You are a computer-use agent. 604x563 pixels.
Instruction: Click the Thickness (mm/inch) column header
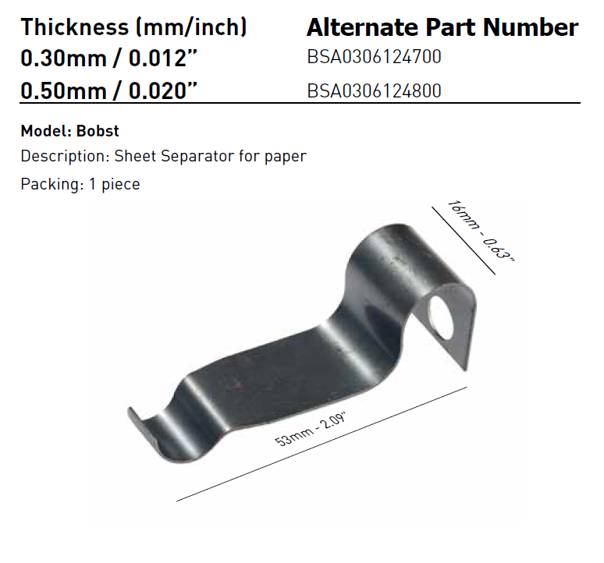(133, 28)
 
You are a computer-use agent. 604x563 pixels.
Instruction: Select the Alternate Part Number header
(442, 28)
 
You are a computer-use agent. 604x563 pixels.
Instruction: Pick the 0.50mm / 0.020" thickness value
(108, 90)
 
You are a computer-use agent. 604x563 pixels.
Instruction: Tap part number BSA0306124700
(374, 58)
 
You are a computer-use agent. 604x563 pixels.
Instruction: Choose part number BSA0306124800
(374, 90)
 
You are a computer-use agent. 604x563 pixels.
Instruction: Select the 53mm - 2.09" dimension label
(311, 428)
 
